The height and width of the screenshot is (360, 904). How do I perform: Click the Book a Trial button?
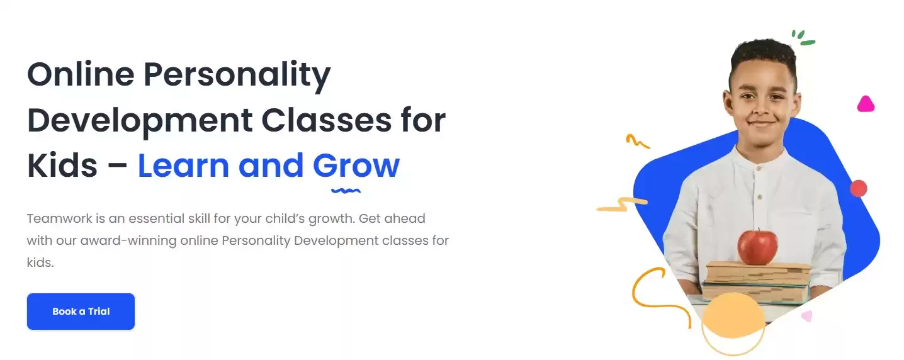tap(81, 312)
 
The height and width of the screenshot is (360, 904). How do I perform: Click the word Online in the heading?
tap(81, 75)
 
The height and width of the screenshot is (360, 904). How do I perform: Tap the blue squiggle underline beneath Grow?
tap(346, 189)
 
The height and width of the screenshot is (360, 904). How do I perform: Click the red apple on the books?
tap(757, 247)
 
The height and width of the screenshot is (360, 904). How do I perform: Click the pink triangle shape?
tap(866, 104)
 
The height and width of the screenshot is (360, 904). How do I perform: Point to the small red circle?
tap(858, 188)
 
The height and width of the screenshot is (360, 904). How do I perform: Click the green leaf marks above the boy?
tap(803, 38)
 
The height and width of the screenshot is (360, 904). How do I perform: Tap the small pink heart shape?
tap(806, 316)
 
